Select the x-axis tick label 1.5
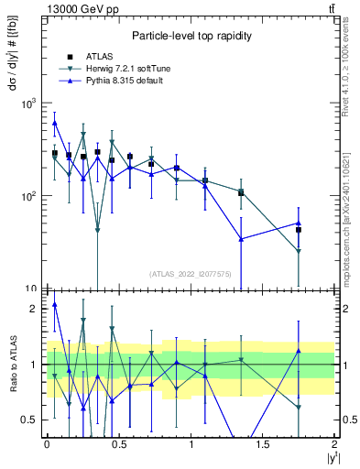click(x=262, y=444)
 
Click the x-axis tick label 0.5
click(x=118, y=444)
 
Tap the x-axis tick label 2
click(x=334, y=444)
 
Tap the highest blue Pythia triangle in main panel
click(x=55, y=122)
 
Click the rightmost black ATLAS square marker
click(x=299, y=230)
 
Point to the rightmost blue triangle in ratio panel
click(x=299, y=351)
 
